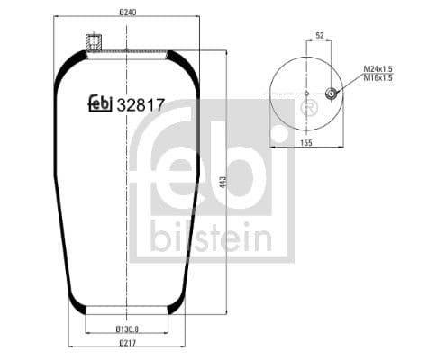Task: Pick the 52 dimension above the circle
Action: (319, 37)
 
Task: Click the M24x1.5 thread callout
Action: (381, 69)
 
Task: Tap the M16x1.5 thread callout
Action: (381, 78)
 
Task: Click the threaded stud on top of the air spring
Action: (91, 42)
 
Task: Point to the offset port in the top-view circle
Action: (332, 94)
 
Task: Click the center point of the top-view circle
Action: (306, 94)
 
